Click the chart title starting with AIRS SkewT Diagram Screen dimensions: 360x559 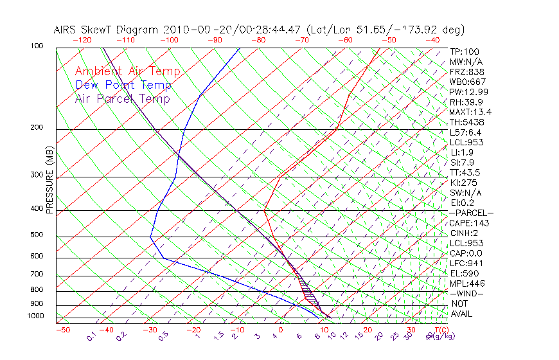click(259, 30)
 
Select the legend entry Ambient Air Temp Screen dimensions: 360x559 click(127, 71)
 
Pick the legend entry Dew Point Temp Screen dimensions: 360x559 click(123, 85)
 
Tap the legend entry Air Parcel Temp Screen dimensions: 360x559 click(122, 98)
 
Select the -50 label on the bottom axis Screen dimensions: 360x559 click(62, 330)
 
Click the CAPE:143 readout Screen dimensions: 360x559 click(469, 223)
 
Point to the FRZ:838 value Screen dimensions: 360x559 click(466, 71)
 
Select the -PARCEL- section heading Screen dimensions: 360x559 click(471, 213)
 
